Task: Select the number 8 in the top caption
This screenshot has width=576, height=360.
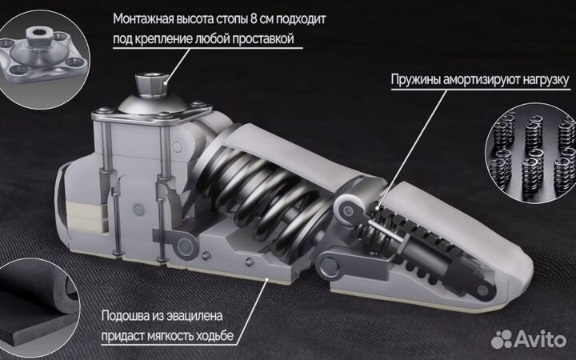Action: tap(269, 18)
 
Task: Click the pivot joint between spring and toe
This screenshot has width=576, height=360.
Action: tap(349, 210)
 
